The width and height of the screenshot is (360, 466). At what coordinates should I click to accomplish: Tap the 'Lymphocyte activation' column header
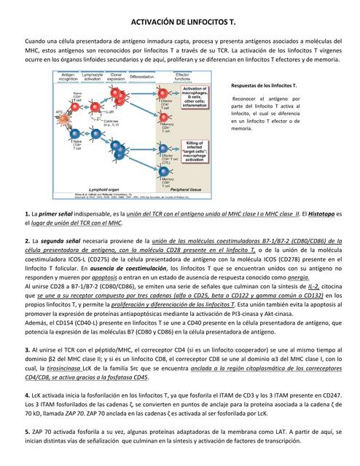click(x=92, y=76)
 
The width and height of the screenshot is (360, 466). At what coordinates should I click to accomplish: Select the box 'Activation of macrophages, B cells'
click(x=195, y=97)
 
